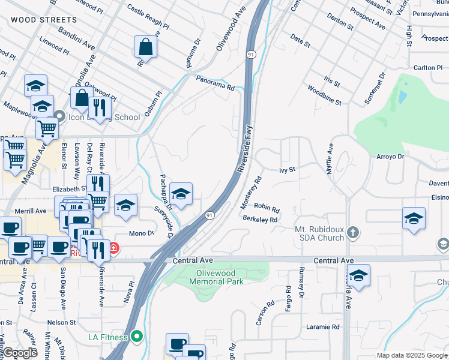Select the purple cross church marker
[354, 232]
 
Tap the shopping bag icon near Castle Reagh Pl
[146, 46]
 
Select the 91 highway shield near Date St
[250, 55]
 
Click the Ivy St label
[288, 170]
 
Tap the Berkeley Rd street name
[260, 220]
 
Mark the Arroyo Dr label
[391, 157]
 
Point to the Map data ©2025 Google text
[411, 355]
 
